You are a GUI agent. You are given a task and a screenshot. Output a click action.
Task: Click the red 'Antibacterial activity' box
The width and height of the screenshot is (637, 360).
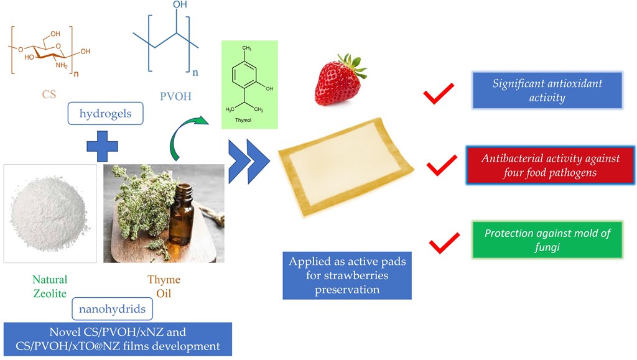tap(550, 165)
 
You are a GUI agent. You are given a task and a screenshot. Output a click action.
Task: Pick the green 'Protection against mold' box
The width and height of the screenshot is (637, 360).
tap(547, 240)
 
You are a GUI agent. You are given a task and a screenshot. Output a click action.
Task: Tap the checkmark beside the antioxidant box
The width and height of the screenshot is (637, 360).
tap(437, 94)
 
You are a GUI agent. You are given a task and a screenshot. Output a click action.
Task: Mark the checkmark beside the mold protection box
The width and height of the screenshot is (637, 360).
tap(445, 242)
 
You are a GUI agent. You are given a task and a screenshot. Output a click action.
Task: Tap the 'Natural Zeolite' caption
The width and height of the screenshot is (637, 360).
tap(50, 287)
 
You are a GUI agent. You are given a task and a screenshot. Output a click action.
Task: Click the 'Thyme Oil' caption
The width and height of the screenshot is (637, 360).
tap(164, 287)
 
